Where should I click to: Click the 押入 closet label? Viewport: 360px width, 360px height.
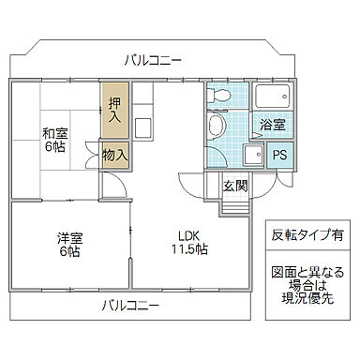(x=114, y=111)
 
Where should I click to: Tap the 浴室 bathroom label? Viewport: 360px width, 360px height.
(x=273, y=125)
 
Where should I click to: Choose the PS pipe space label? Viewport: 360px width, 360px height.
(x=278, y=156)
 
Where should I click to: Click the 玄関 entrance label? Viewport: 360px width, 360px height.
(x=235, y=186)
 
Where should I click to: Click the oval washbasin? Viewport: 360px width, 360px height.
(x=217, y=126)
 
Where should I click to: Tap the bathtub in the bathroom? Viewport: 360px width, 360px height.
(x=273, y=98)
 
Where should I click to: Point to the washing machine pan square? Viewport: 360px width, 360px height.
(x=252, y=156)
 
